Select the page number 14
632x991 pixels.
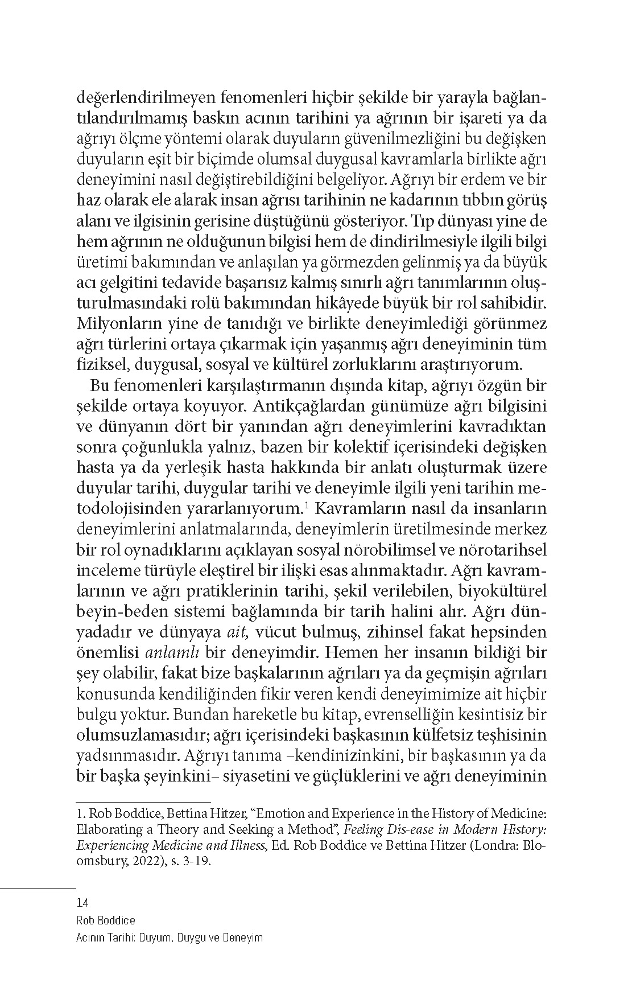(x=81, y=902)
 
